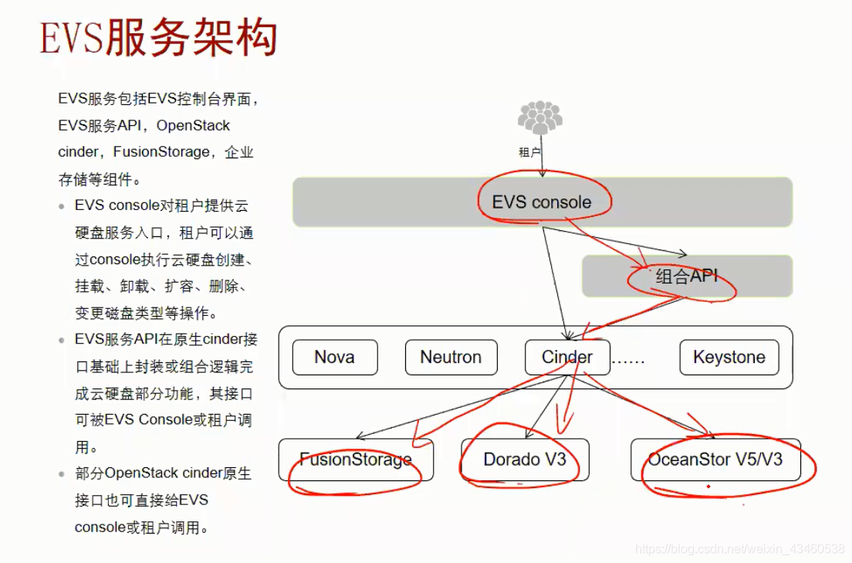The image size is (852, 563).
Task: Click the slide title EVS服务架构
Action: click(158, 39)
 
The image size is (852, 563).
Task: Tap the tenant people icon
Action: click(540, 118)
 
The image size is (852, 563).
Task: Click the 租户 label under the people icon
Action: click(529, 152)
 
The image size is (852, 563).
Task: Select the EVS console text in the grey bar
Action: click(542, 202)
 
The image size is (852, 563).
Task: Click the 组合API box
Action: click(687, 276)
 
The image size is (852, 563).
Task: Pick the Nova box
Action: click(334, 357)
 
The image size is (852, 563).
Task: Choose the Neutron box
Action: click(451, 357)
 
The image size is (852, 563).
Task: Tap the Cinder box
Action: click(566, 357)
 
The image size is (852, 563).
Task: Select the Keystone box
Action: click(729, 357)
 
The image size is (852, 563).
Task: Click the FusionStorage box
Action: click(356, 460)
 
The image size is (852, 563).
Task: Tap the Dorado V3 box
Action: click(525, 460)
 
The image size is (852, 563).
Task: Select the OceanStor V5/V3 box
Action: click(715, 460)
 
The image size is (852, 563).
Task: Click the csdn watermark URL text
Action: click(739, 548)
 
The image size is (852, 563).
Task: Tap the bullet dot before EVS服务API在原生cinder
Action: click(62, 341)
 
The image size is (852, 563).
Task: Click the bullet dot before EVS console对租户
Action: click(62, 207)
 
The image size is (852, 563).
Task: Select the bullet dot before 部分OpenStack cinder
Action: click(62, 474)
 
